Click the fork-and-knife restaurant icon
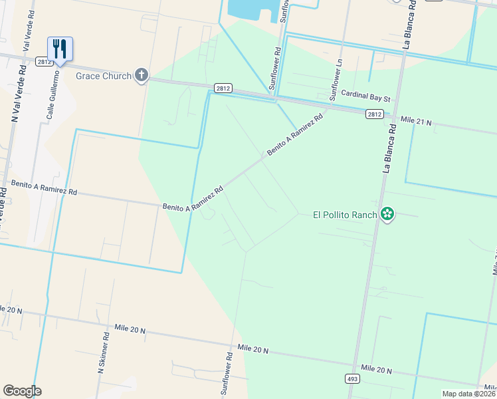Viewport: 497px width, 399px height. (60, 49)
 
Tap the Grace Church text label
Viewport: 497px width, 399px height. (103, 76)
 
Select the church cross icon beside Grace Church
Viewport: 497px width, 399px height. (141, 75)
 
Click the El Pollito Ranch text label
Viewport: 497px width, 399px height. (345, 215)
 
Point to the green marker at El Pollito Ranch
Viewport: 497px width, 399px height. (387, 214)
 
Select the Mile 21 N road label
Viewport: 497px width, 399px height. (416, 122)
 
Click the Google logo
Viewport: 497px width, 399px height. (22, 391)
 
